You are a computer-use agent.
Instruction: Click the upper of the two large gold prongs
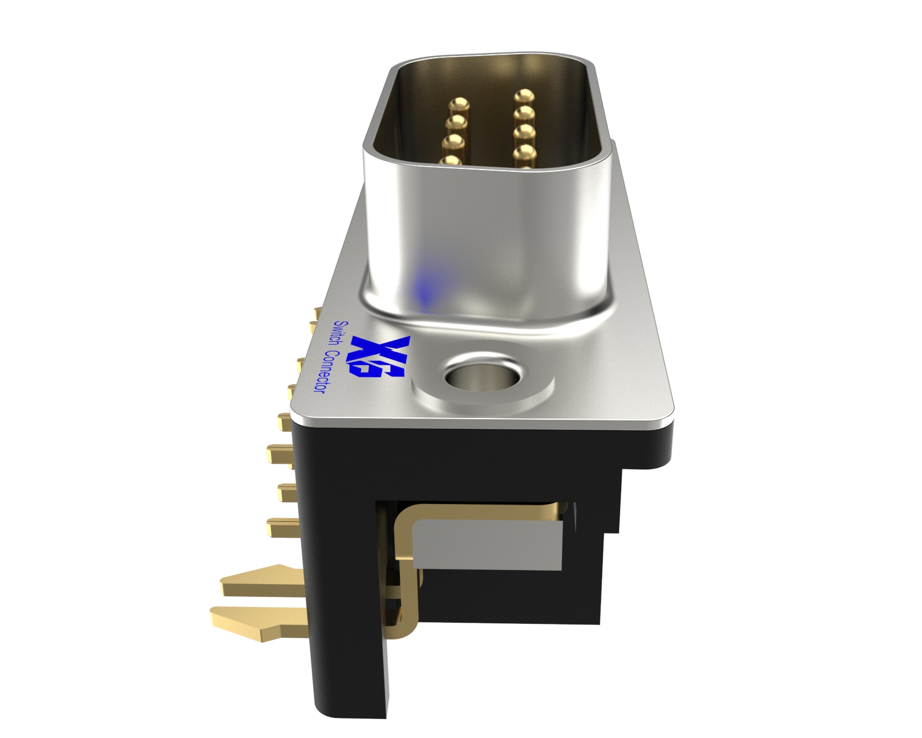[x=262, y=581]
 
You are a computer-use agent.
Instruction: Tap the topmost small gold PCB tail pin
[x=316, y=312]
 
